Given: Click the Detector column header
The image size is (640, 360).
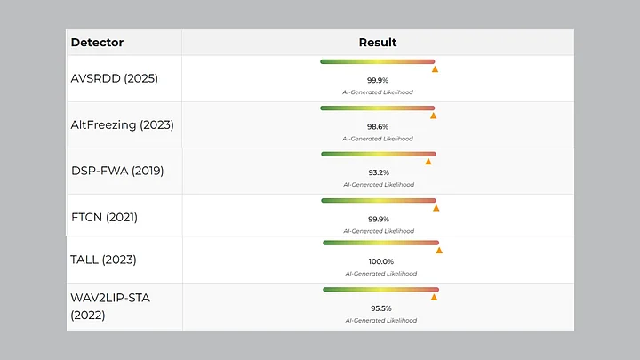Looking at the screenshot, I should pyautogui.click(x=97, y=43).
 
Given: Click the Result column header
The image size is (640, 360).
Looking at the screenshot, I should pyautogui.click(x=378, y=43).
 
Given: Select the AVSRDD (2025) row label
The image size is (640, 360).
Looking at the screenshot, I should pyautogui.click(x=114, y=78).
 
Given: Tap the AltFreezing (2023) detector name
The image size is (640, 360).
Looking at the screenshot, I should pyautogui.click(x=123, y=124).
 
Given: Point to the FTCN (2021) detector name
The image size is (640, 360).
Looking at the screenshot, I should pyautogui.click(x=104, y=217).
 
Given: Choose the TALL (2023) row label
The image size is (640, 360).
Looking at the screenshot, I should pyautogui.click(x=103, y=260).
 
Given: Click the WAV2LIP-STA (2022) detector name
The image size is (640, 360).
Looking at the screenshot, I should pyautogui.click(x=110, y=306).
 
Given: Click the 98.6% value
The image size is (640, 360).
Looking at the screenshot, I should pyautogui.click(x=378, y=127).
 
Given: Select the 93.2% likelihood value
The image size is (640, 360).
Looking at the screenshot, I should pyautogui.click(x=378, y=172).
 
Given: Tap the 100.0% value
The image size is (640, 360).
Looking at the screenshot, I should pyautogui.click(x=380, y=262).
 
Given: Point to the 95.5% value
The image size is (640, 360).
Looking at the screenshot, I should pyautogui.click(x=381, y=308).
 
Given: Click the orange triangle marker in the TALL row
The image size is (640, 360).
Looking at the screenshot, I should pyautogui.click(x=439, y=251).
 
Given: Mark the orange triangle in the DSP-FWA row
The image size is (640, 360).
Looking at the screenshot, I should pyautogui.click(x=428, y=162).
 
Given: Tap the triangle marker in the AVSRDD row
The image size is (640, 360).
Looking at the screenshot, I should pyautogui.click(x=435, y=68).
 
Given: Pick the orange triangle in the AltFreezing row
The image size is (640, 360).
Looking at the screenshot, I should pyautogui.click(x=433, y=116).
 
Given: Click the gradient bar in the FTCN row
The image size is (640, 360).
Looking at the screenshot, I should pyautogui.click(x=379, y=200).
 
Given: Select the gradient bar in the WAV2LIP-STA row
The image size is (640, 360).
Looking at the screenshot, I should pyautogui.click(x=380, y=289).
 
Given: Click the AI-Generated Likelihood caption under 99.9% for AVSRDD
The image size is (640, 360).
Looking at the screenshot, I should pyautogui.click(x=378, y=92).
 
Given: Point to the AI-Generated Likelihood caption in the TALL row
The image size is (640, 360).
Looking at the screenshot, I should pyautogui.click(x=380, y=274).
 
